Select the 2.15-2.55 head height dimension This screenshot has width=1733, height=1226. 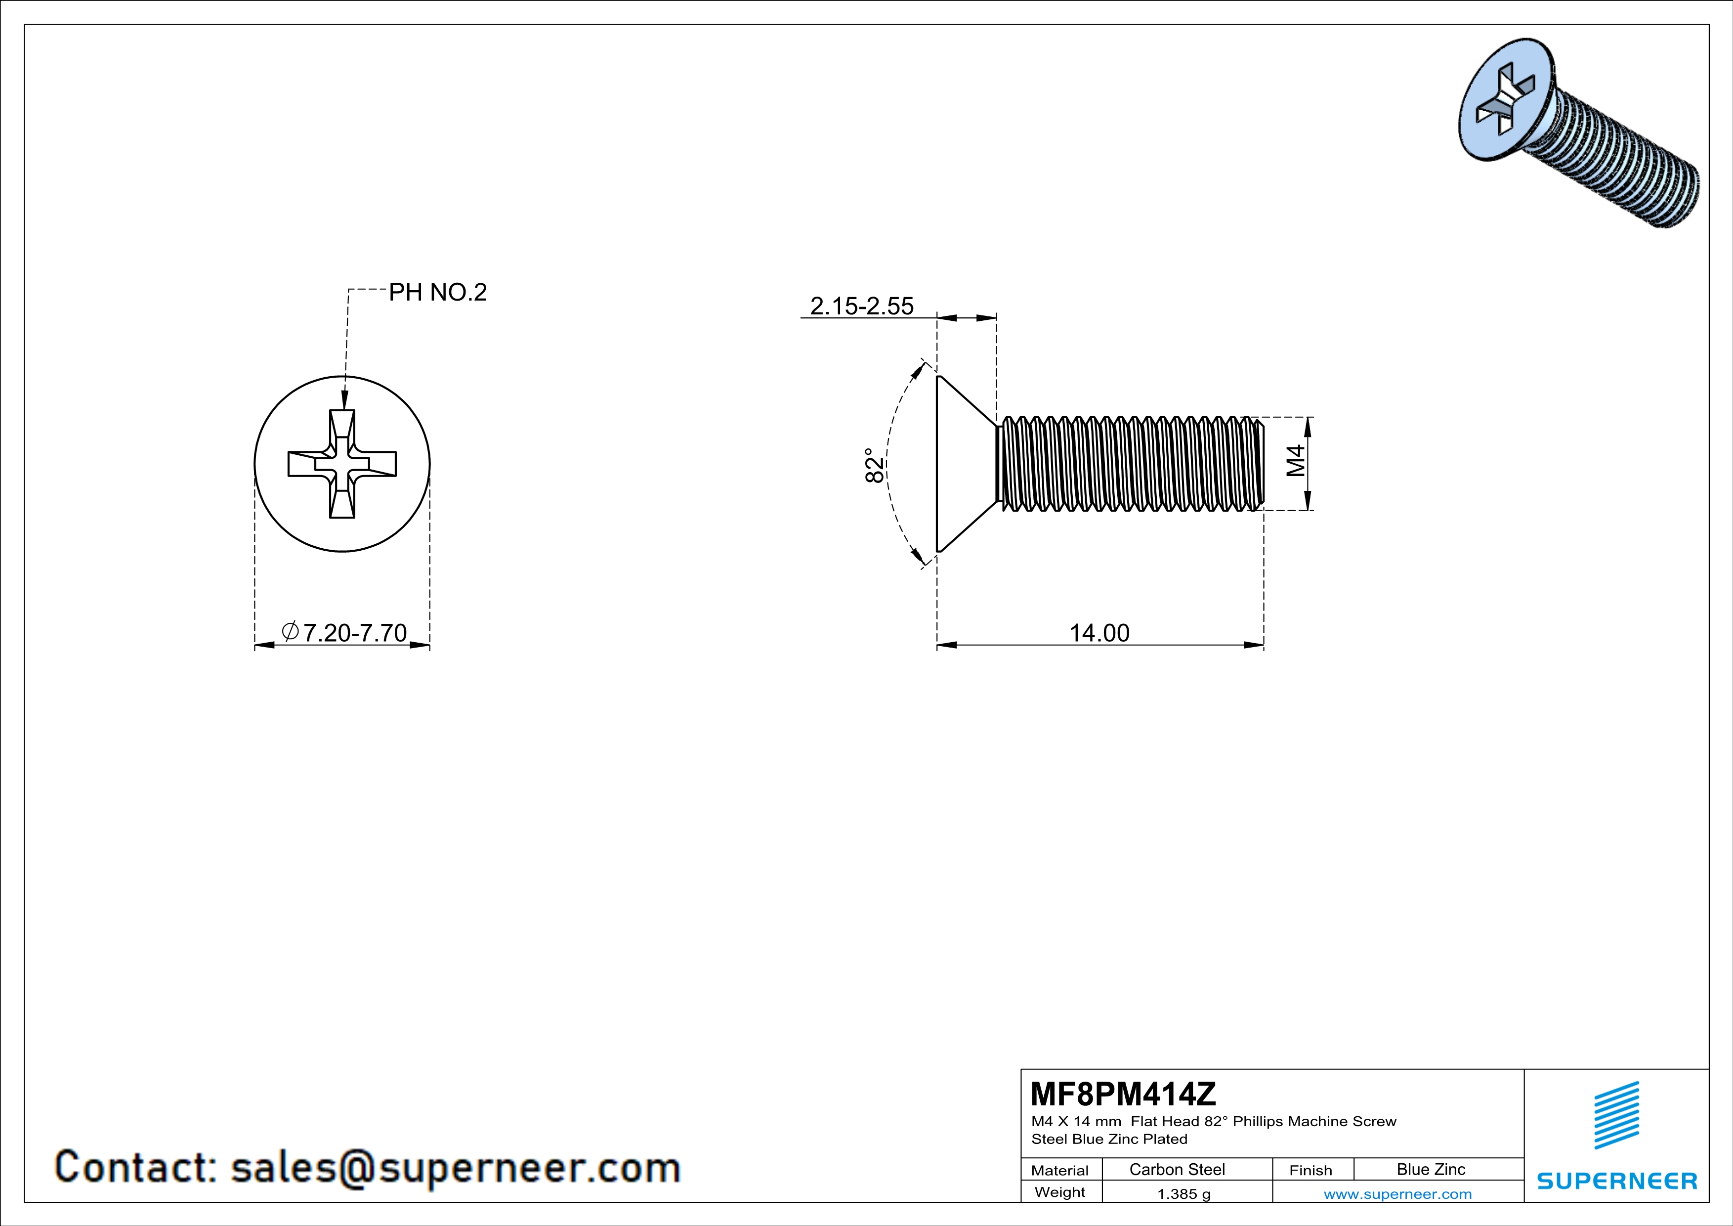(861, 306)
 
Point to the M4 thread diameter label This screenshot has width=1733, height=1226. (1295, 461)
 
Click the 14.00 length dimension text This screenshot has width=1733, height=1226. (1099, 633)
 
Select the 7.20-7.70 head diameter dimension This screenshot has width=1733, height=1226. (354, 633)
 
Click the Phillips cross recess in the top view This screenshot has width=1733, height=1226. (342, 464)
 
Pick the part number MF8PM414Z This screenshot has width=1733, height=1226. (1123, 1093)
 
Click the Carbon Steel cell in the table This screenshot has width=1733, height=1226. (1177, 1169)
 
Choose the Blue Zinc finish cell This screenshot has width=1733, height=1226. (1430, 1169)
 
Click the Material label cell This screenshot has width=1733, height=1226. (1060, 1170)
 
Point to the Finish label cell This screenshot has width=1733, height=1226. (1310, 1170)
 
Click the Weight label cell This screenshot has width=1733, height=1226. (1060, 1192)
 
